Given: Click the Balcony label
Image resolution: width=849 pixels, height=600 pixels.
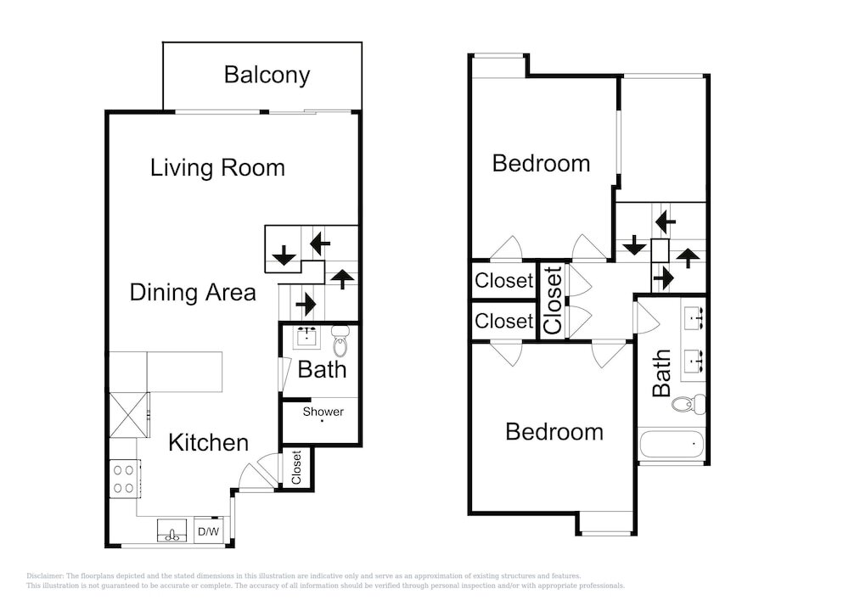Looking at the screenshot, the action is point(267,75).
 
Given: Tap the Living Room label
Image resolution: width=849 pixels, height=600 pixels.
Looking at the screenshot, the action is point(217,168).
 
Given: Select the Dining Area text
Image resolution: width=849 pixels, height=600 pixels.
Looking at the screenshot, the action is point(193,293).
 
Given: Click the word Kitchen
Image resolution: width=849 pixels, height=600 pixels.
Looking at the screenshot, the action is point(209,442).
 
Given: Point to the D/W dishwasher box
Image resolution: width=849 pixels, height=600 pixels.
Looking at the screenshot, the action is point(209,531).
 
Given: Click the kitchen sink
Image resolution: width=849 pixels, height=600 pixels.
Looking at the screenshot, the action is point(172,530).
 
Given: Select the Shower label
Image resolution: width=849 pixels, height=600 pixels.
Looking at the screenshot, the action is point(323,412).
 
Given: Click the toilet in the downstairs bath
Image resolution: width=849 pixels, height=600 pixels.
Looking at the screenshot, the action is point(340,340).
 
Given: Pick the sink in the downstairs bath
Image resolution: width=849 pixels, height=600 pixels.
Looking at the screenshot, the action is point(307,337).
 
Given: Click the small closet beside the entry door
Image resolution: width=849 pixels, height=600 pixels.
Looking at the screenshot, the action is point(296,468).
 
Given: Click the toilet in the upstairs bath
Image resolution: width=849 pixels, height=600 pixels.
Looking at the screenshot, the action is point(689,403).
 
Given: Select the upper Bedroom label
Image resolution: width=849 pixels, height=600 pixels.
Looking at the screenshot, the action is point(541,164).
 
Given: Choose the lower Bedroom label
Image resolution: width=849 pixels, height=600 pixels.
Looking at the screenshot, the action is point(554,432).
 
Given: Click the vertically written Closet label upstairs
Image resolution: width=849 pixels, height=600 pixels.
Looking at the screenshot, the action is point(553,300).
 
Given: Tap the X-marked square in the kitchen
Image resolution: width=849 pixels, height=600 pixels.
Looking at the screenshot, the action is point(128,414).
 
